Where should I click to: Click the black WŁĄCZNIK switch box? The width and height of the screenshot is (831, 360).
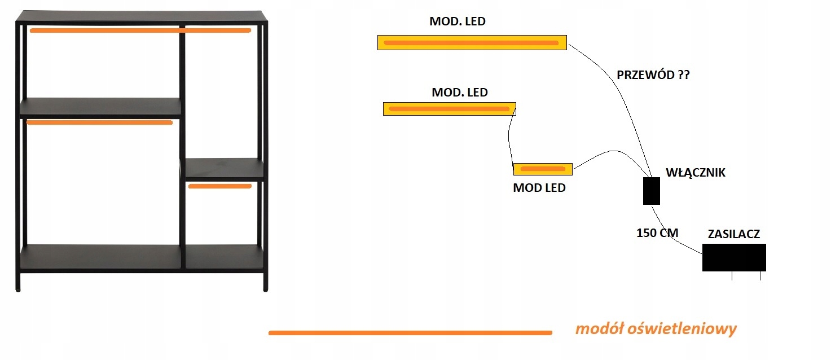tap(651, 191)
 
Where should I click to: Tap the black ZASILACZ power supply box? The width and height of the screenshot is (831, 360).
tap(733, 257)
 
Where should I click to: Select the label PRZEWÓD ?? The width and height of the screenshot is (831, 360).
tap(653, 75)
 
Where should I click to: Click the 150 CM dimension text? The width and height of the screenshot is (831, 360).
tap(657, 232)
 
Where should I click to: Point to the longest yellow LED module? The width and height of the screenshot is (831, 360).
tap(472, 43)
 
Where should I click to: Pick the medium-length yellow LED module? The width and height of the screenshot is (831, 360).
tap(449, 108)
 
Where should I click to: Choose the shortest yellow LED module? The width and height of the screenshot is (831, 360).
tap(542, 169)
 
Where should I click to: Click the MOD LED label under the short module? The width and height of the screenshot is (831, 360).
tap(539, 188)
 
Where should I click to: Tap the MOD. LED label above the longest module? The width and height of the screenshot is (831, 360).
tap(457, 22)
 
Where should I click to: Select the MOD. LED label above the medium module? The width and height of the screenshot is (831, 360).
tap(459, 92)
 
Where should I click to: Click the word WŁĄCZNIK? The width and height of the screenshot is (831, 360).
tap(696, 173)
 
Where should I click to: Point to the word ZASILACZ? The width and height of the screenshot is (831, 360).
tap(734, 234)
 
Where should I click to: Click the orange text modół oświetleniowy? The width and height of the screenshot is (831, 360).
tap(656, 328)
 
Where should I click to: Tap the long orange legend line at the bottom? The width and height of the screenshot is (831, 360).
tap(410, 333)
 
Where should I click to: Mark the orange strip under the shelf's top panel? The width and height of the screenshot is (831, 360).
tap(140, 30)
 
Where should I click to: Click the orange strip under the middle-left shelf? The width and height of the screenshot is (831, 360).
tap(99, 122)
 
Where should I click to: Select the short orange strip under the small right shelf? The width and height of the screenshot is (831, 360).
tap(219, 186)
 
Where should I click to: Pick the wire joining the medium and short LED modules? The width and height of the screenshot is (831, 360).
tap(510, 139)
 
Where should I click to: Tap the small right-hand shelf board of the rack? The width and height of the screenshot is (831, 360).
tap(225, 169)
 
